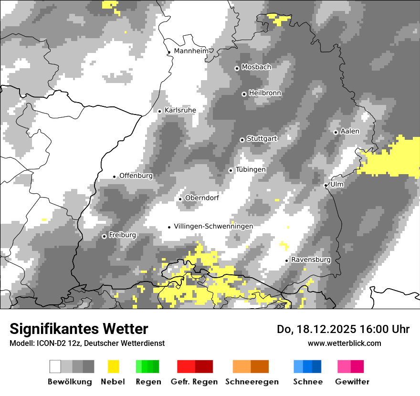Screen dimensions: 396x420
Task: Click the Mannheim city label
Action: (192, 51)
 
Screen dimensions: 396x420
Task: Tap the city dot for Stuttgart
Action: (242, 140)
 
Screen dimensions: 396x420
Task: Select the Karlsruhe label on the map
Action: (180, 110)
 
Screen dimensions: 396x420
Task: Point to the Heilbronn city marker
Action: (244, 94)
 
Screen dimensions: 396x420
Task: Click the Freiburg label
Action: (122, 235)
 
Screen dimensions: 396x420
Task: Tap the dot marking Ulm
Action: (325, 185)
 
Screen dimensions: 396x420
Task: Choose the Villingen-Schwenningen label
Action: (213, 226)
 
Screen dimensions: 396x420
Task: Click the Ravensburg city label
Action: (311, 260)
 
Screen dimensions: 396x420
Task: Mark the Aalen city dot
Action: (336, 132)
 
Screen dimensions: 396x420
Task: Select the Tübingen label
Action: (251, 170)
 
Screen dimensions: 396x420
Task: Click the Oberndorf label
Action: (202, 198)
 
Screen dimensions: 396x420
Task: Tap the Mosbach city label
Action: (256, 67)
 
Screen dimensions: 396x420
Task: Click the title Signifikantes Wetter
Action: (79, 329)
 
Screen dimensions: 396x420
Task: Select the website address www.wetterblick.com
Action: (344, 343)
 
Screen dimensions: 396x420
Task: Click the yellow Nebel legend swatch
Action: (113, 366)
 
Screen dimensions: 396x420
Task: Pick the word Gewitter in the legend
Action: (352, 382)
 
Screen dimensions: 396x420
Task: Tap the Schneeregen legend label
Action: (252, 382)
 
